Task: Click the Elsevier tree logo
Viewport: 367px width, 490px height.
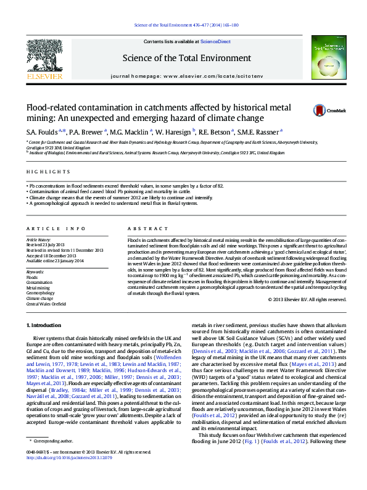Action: tap(44, 57)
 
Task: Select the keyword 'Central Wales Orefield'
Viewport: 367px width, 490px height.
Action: tap(46, 304)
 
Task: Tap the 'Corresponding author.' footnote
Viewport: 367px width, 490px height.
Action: tap(55, 459)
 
